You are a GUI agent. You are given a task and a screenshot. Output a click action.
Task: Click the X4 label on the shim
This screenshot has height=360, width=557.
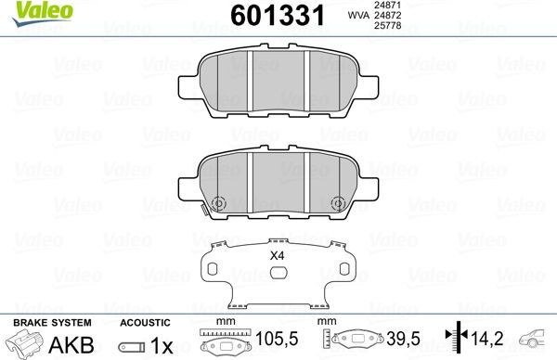coord(276,255)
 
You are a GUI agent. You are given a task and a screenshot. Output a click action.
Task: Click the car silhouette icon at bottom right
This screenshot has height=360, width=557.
coord(538,340)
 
